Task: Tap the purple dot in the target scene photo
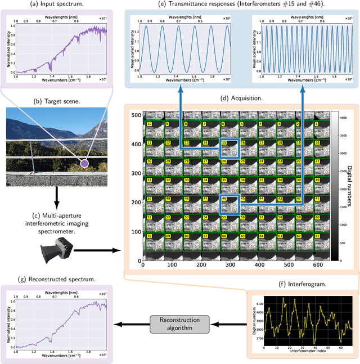click(x=84, y=164)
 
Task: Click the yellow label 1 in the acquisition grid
click(x=316, y=124)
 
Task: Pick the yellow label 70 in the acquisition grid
click(x=150, y=234)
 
